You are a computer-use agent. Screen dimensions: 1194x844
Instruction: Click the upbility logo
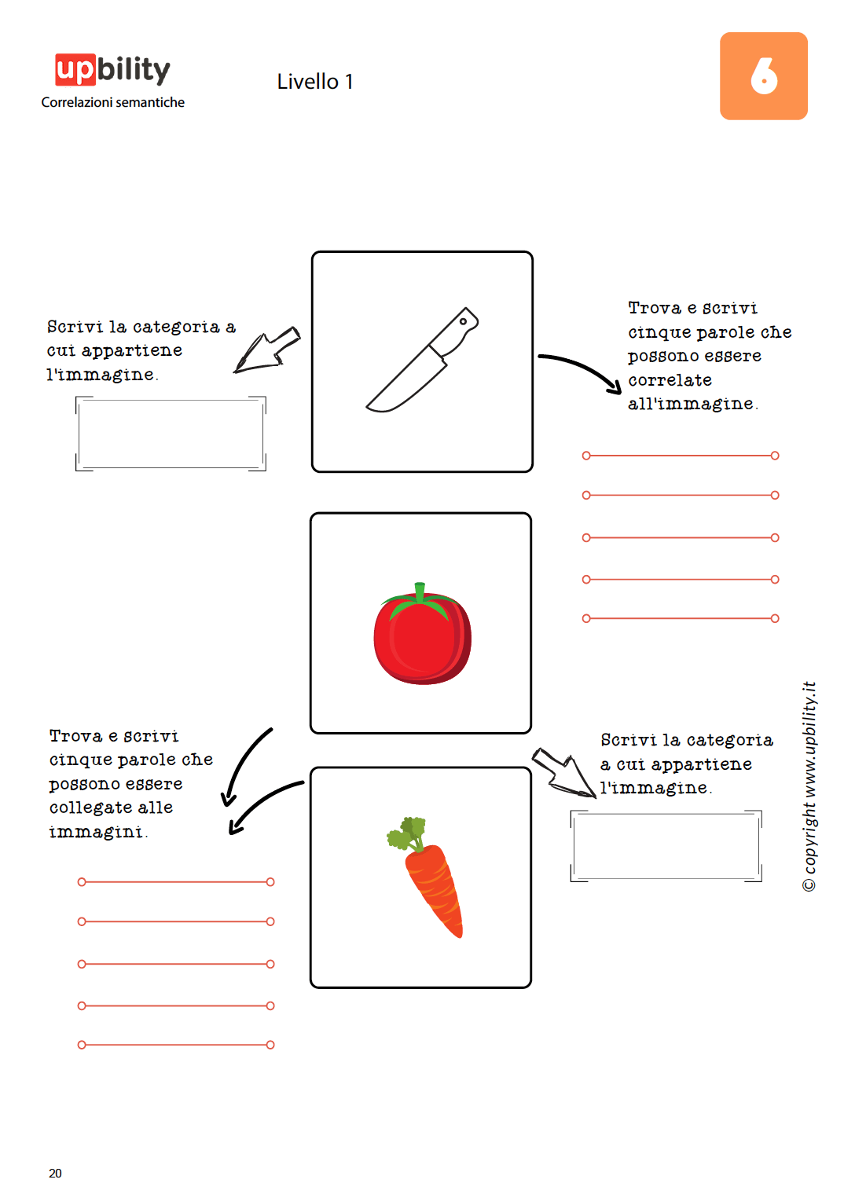[x=112, y=70]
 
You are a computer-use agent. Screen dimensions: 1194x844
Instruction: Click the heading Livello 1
[x=314, y=82]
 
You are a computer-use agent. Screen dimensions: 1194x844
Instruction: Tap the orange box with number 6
[x=763, y=76]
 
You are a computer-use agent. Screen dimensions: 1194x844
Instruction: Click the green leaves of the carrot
[x=407, y=833]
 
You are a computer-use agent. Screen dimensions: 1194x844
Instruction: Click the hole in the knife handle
[x=464, y=321]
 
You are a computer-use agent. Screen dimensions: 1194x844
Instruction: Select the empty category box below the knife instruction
[x=171, y=434]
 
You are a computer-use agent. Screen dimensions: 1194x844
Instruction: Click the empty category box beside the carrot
[x=666, y=846]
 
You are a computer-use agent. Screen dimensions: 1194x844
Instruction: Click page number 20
[x=55, y=1173]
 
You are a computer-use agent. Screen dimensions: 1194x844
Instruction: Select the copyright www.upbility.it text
[x=809, y=786]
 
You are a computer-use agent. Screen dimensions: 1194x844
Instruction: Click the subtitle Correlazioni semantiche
[x=112, y=102]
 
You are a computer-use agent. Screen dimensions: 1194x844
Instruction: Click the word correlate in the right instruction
[x=670, y=380]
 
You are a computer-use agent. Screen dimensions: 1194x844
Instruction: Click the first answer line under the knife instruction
[x=680, y=456]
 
